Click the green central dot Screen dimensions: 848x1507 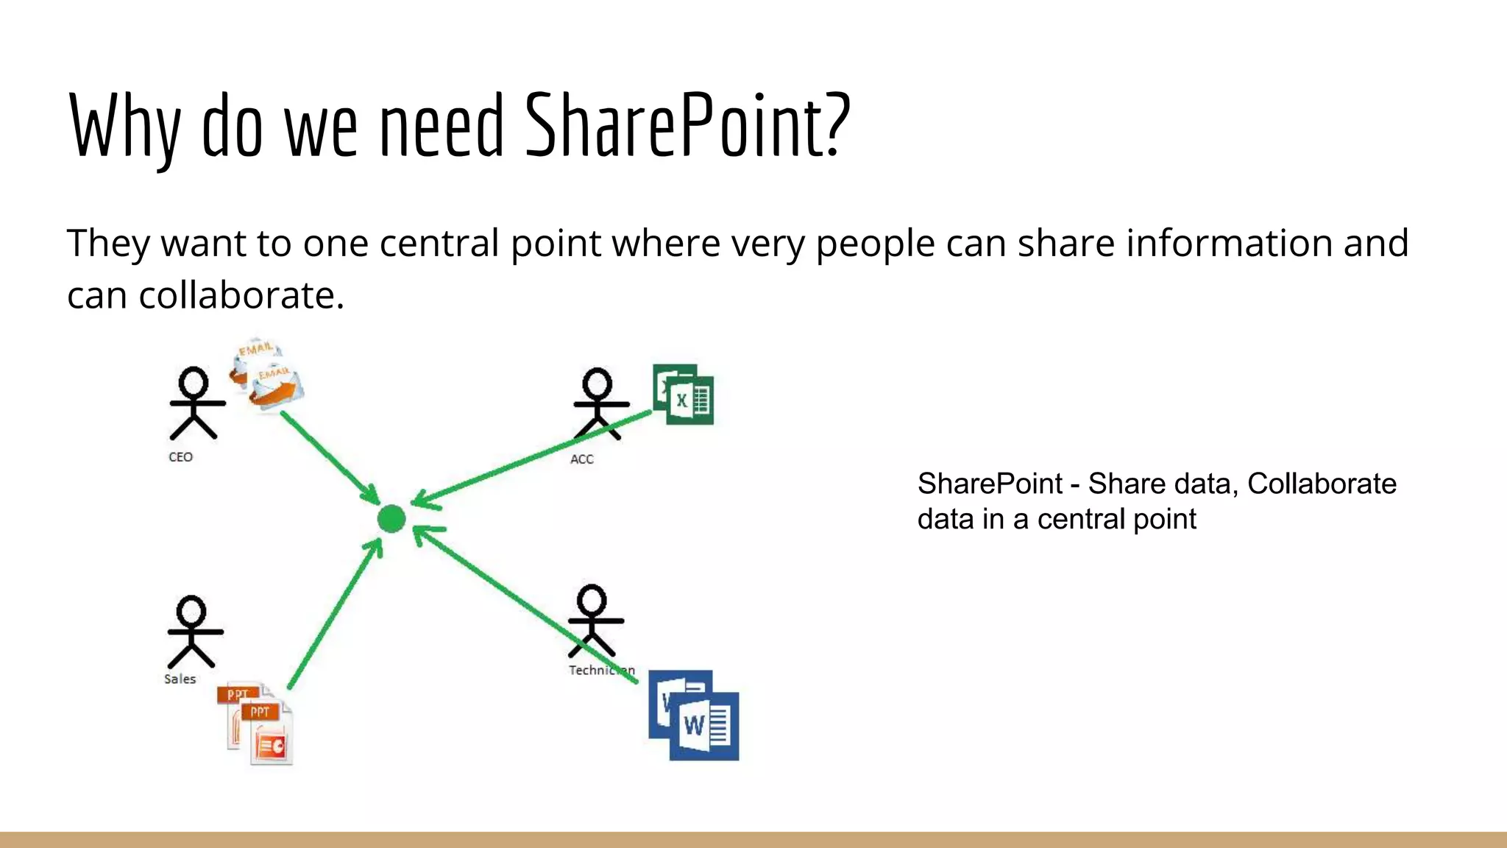click(391, 518)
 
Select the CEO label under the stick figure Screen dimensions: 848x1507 click(180, 457)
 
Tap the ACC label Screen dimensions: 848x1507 click(581, 459)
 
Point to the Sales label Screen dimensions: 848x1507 click(180, 679)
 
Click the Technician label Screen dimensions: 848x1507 click(600, 670)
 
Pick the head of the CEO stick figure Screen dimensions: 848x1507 click(194, 382)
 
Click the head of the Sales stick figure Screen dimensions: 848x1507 click(192, 610)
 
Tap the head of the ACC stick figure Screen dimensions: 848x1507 click(597, 383)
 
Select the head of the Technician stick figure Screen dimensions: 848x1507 click(592, 599)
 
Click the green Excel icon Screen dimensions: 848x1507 click(684, 395)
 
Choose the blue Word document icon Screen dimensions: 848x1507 click(694, 715)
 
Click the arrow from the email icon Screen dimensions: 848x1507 click(329, 456)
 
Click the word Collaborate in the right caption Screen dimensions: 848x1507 click(1322, 484)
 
